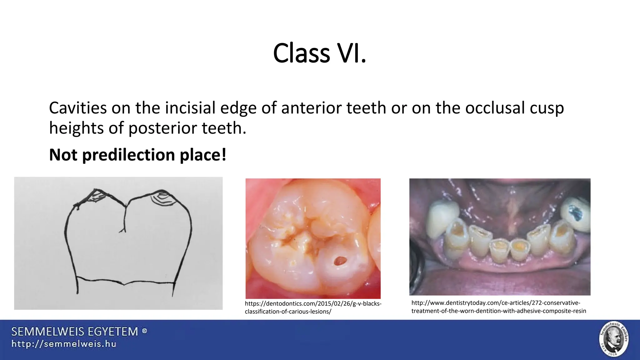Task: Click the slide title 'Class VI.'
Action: [x=319, y=53]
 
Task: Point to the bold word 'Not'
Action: [x=63, y=155]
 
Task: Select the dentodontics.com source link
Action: [x=313, y=307]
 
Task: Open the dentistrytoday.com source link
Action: [x=498, y=307]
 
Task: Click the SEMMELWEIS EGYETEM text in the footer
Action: [x=75, y=332]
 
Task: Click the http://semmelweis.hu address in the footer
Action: [x=64, y=344]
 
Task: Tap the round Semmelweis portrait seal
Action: [x=613, y=339]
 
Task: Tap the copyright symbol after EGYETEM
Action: [x=144, y=331]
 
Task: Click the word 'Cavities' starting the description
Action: [x=78, y=108]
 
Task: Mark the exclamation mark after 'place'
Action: [x=224, y=155]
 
